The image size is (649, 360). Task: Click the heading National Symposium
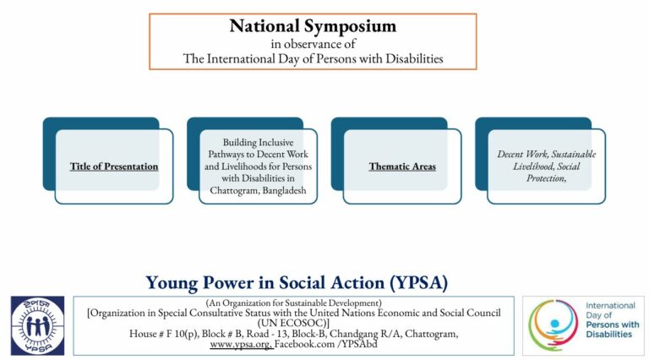313,25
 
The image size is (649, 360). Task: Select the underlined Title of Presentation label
114,166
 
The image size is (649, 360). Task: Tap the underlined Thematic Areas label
402,166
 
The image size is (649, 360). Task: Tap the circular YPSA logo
37,325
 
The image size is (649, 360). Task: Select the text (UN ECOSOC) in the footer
294,323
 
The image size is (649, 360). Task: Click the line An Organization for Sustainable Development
294,302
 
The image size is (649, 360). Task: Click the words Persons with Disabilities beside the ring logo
605,330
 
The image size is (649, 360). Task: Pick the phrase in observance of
313,43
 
